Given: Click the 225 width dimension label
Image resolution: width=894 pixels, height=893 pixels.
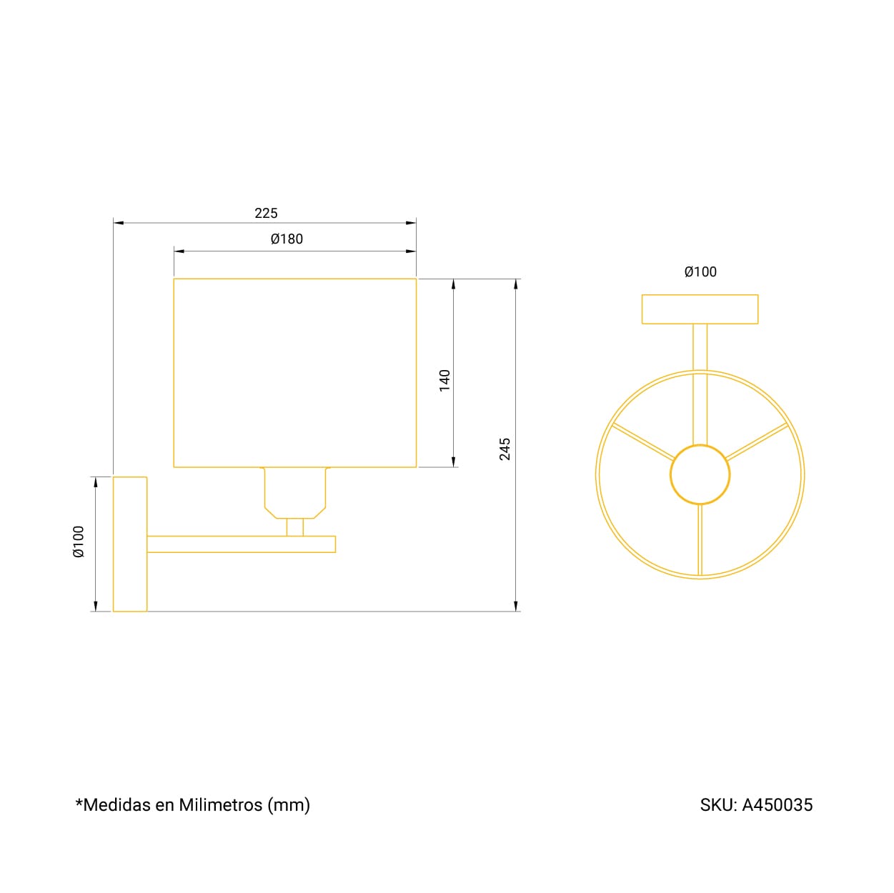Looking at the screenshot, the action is point(266,213).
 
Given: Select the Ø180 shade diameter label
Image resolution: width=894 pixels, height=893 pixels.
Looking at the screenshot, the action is point(287,239).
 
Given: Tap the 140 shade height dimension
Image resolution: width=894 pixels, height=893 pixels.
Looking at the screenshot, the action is point(444,380).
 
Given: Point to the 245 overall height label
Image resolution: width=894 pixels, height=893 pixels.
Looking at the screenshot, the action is point(505,449).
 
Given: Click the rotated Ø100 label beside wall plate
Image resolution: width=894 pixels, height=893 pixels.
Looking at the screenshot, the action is point(79,542).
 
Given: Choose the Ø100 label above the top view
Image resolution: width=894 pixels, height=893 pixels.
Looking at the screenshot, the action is point(700,272).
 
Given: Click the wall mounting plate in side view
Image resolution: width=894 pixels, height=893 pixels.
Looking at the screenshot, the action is point(130,544).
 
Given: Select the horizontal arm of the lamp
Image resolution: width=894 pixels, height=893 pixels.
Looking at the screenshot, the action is point(242,544).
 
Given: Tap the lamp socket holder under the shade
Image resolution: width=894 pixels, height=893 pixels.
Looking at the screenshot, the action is point(295,493).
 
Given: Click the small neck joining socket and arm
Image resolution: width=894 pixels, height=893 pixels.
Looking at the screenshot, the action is point(295,527).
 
